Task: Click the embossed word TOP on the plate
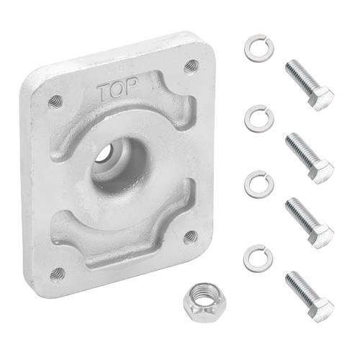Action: click(x=117, y=88)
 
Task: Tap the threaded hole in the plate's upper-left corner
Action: click(x=55, y=102)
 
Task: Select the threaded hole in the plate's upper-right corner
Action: click(x=192, y=66)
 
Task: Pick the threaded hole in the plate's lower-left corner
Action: click(x=58, y=275)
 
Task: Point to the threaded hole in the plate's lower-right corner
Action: click(x=191, y=237)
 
